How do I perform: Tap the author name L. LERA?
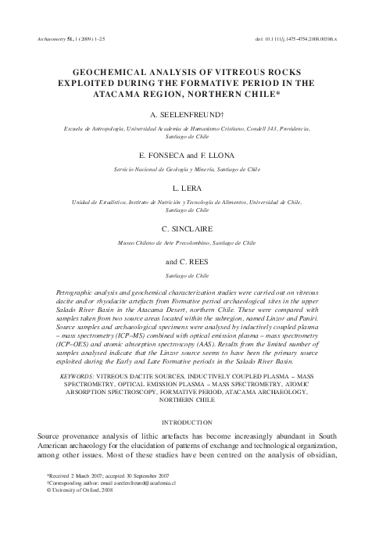click(x=190, y=188)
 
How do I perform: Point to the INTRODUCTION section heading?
click(x=190, y=421)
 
